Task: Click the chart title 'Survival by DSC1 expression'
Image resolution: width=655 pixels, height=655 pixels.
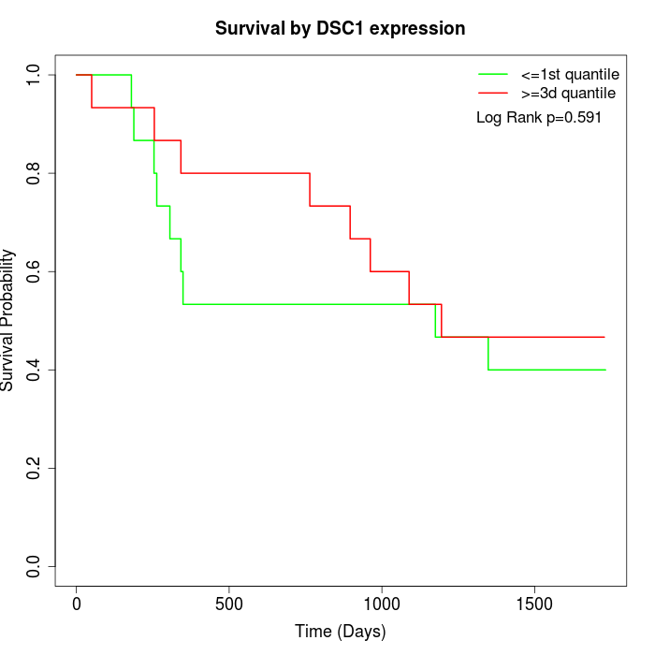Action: [340, 28]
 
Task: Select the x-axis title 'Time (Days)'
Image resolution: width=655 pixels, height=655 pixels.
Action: [340, 632]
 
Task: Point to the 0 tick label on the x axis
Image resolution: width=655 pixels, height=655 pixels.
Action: [77, 604]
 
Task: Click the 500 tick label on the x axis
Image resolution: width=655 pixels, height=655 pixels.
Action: [229, 604]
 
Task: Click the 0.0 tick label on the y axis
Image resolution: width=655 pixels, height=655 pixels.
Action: [34, 566]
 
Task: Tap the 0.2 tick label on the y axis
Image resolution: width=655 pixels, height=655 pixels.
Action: [34, 468]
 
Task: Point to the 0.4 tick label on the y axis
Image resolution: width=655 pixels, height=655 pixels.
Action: [34, 370]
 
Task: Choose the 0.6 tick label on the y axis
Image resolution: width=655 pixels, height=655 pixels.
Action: [34, 271]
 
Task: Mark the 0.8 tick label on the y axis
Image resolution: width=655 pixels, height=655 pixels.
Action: [34, 173]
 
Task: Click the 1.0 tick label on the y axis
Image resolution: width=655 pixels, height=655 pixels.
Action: [34, 75]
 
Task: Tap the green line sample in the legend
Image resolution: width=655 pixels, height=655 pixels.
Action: [492, 73]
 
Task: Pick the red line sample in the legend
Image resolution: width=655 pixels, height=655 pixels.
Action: [492, 93]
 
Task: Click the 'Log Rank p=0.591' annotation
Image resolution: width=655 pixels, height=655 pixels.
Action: [539, 118]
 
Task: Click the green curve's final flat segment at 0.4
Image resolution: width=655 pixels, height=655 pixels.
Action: [547, 370]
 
